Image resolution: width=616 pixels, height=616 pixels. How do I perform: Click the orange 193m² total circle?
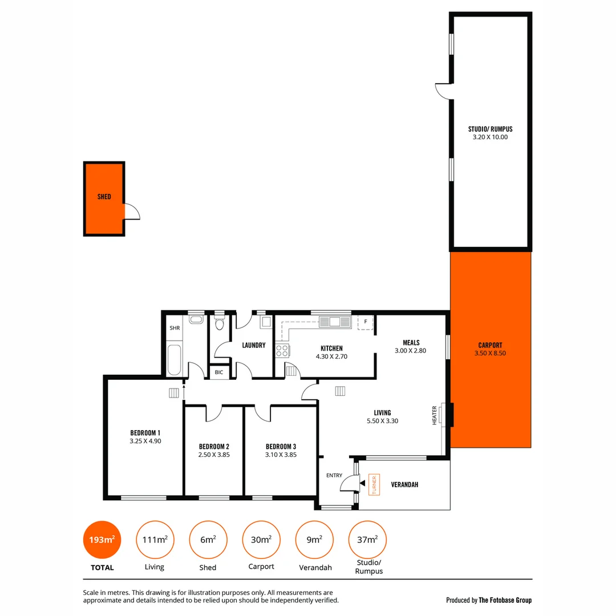tap(103, 540)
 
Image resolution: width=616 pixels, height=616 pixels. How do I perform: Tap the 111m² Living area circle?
tap(155, 540)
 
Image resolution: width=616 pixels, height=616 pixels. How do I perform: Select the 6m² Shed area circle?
tap(208, 540)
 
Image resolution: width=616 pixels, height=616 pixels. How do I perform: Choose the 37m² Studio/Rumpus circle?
tap(367, 540)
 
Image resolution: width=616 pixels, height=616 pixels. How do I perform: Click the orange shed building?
tap(104, 198)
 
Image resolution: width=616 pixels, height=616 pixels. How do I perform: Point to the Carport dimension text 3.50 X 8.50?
tap(490, 353)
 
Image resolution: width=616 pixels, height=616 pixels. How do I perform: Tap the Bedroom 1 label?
tap(145, 432)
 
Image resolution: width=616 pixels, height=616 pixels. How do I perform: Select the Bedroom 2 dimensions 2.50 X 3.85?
tap(214, 455)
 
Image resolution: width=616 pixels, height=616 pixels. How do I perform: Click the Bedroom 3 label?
tap(281, 446)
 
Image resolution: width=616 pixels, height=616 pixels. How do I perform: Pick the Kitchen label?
tap(331, 348)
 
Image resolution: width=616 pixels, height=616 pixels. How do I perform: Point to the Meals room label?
tap(411, 343)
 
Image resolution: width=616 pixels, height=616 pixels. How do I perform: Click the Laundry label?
tap(254, 345)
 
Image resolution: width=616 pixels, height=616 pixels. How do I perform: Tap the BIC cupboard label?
tap(219, 372)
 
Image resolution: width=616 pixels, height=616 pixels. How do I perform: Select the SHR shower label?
tap(175, 328)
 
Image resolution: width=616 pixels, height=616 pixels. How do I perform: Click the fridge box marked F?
tap(365, 322)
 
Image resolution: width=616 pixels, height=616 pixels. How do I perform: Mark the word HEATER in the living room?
tap(435, 415)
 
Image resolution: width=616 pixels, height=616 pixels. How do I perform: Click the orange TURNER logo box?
tap(374, 484)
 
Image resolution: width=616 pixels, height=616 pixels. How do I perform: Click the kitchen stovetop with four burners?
tap(282, 350)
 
